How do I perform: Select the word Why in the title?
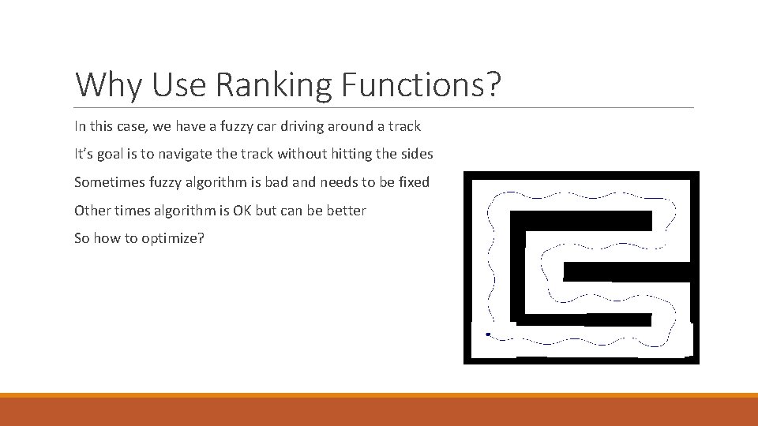108,85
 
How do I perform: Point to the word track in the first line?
403,125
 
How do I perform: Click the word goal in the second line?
120,154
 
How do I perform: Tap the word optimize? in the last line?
173,239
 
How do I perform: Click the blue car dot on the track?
488,334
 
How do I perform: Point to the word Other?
92,211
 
